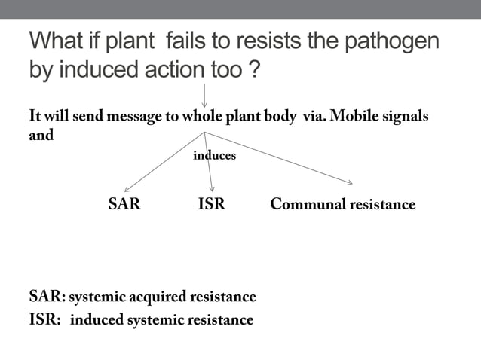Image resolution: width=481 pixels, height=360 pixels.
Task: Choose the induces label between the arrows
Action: point(215,156)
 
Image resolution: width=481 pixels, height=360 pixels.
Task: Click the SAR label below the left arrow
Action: point(124,204)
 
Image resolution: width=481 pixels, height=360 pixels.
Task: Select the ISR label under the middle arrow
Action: point(211,204)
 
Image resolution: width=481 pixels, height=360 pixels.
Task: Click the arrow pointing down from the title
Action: point(204,94)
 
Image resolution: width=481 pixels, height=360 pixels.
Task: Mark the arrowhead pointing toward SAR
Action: point(127,189)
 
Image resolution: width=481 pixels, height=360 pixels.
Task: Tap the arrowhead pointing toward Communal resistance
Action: point(348,182)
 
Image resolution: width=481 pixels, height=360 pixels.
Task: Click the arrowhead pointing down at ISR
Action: point(213,188)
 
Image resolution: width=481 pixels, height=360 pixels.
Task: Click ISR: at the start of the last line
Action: point(44,320)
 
